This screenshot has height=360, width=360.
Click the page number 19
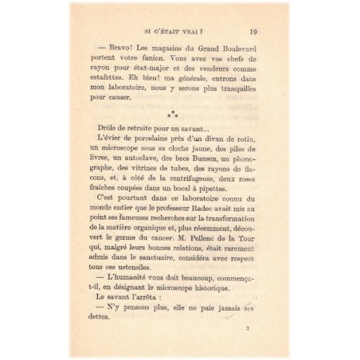point(252,32)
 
